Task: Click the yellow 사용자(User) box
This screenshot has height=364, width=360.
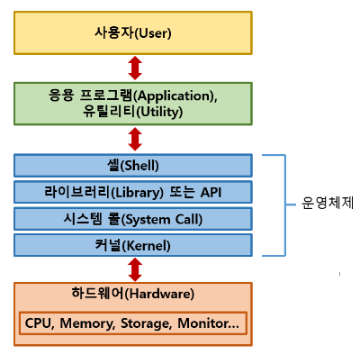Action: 133,33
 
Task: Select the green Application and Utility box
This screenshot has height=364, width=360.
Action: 133,104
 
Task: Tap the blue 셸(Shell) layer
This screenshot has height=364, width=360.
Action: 133,166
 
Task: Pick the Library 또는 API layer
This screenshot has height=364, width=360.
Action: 133,192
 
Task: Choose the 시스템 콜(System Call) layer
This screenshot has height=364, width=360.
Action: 133,219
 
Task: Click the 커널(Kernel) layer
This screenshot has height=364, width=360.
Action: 133,245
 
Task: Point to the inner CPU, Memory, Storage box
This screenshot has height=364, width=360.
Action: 133,323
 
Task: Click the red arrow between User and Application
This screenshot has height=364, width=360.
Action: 135,68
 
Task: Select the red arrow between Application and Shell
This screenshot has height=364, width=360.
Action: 135,139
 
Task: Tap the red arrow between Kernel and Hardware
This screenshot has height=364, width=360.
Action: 135,269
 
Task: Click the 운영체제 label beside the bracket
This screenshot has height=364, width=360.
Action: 328,203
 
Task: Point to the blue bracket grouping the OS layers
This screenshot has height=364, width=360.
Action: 285,205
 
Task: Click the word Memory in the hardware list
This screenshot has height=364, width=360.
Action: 87,323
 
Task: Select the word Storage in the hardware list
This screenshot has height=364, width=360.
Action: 147,323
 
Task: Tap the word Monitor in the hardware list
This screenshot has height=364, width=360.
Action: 204,323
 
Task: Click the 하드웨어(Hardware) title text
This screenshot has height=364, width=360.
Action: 133,294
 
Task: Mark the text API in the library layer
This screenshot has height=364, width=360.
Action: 211,192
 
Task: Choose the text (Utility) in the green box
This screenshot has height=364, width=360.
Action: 159,112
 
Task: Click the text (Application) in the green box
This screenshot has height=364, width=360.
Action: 174,96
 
